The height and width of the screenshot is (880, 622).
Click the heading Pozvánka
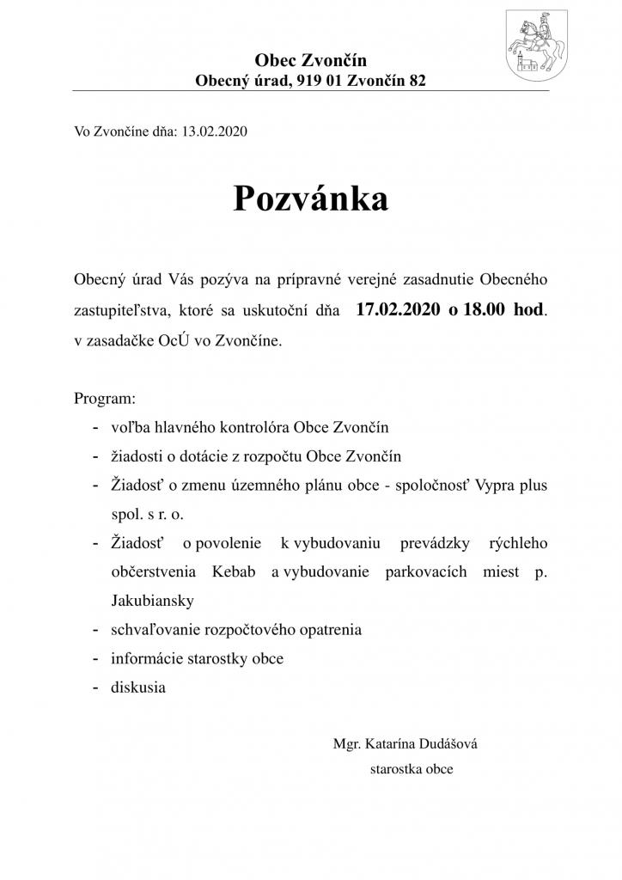(310, 199)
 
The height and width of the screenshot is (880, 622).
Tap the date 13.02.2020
(215, 132)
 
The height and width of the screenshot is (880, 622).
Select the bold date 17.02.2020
(396, 309)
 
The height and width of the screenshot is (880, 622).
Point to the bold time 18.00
(483, 309)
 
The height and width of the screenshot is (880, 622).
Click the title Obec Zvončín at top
(310, 60)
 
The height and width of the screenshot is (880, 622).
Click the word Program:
(105, 400)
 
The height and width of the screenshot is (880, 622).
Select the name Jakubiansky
(149, 600)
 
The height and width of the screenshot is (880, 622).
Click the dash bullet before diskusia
(94, 687)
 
